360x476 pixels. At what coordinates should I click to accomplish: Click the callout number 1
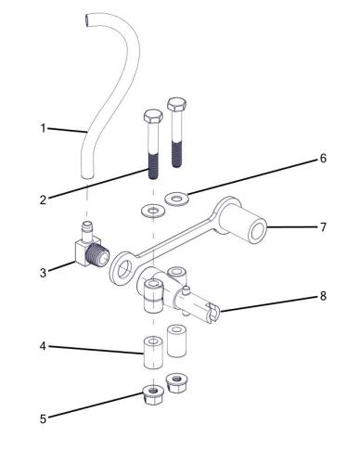pyautogui.click(x=44, y=128)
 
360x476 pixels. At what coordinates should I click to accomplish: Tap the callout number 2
pyautogui.click(x=43, y=199)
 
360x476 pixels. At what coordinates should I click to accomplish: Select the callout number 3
pyautogui.click(x=43, y=273)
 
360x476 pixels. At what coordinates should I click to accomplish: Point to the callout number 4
pyautogui.click(x=43, y=346)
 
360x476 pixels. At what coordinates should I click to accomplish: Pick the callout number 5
pyautogui.click(x=43, y=419)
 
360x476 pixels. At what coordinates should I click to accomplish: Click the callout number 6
pyautogui.click(x=323, y=159)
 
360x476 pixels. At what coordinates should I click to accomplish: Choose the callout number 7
pyautogui.click(x=323, y=227)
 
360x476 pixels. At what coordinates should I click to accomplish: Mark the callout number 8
pyautogui.click(x=323, y=296)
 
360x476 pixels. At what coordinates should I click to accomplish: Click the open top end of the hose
pyautogui.click(x=88, y=19)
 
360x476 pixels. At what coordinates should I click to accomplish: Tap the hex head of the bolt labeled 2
pyautogui.click(x=153, y=116)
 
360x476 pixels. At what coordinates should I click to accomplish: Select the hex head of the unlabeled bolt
pyautogui.click(x=176, y=104)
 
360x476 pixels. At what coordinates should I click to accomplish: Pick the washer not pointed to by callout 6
pyautogui.click(x=153, y=211)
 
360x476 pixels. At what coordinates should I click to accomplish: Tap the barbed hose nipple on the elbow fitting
pyautogui.click(x=87, y=230)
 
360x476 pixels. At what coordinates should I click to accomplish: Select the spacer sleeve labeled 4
pyautogui.click(x=153, y=353)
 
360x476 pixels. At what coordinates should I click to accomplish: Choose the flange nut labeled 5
pyautogui.click(x=153, y=394)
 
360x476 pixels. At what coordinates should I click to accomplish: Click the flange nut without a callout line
pyautogui.click(x=176, y=383)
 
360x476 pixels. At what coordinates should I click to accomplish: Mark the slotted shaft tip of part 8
pyautogui.click(x=213, y=313)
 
